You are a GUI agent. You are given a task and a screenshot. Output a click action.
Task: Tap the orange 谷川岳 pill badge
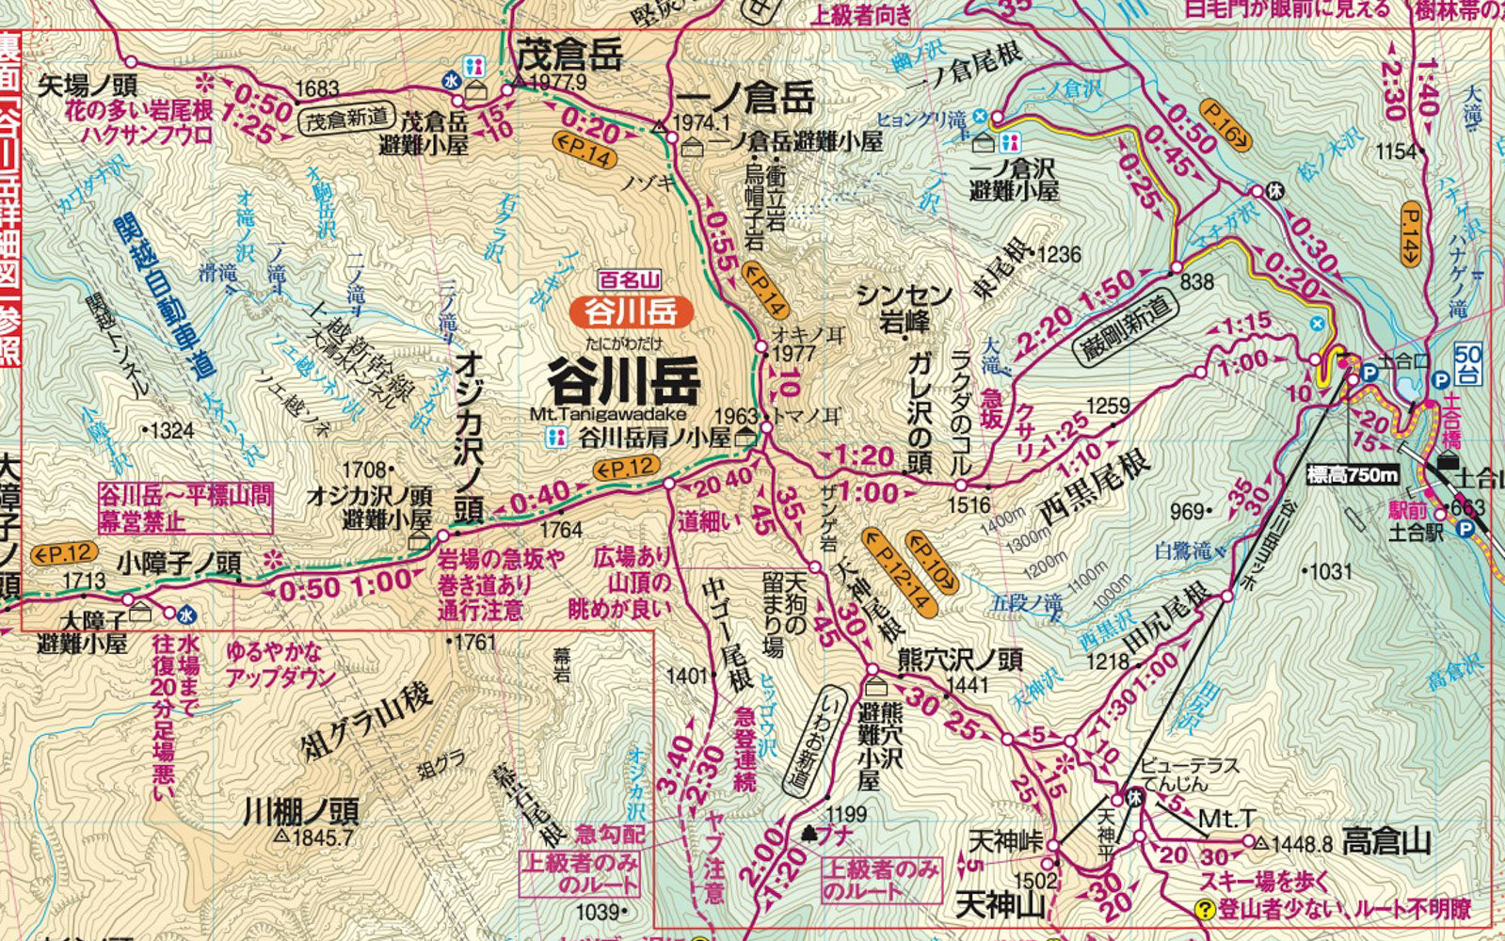(632, 311)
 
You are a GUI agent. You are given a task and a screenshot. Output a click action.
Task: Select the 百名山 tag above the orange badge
(631, 279)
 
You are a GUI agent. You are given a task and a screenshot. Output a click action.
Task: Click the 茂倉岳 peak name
(569, 55)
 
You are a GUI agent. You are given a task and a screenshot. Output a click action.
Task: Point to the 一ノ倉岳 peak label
(744, 96)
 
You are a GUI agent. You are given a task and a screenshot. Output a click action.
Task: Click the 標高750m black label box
(1353, 475)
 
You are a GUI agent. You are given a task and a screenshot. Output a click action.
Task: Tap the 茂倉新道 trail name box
(345, 119)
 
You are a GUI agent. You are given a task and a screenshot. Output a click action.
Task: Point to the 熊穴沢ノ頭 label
(959, 659)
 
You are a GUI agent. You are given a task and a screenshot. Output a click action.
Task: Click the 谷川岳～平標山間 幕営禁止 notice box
(185, 508)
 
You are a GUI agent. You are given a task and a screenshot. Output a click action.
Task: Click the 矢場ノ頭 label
(88, 86)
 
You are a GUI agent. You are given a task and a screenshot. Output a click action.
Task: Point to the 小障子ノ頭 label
(179, 564)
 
